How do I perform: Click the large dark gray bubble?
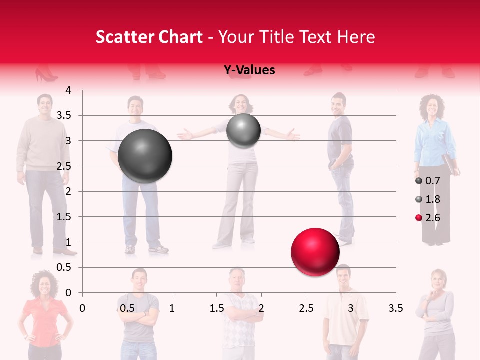click(145, 156)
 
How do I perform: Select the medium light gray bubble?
click(243, 131)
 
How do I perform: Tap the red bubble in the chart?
click(315, 252)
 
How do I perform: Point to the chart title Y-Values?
click(249, 70)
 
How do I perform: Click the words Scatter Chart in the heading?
click(149, 37)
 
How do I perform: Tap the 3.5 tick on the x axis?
click(395, 308)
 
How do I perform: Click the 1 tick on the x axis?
click(172, 308)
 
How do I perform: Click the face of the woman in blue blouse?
click(430, 106)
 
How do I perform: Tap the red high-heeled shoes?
click(46, 75)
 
